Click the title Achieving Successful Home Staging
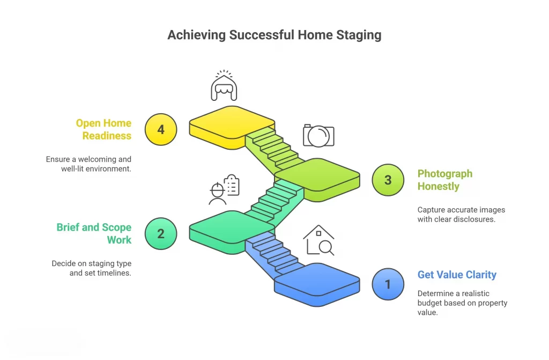point(274,35)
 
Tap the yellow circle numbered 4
point(161,129)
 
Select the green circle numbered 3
point(388,180)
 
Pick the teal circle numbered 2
point(161,233)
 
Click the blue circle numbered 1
point(388,284)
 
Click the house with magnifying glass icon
point(318,240)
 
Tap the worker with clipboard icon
point(224,189)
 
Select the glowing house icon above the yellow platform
point(224,85)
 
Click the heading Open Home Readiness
point(103,129)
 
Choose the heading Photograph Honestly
point(444,180)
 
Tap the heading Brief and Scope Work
point(94,233)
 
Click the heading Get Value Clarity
point(457,275)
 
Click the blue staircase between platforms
point(273,254)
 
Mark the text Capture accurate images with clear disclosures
point(461,215)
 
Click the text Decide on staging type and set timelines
point(91,268)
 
